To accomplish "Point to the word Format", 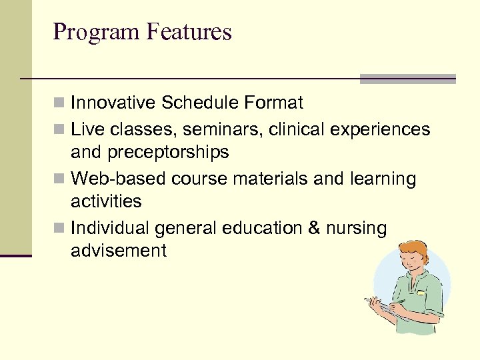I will [x=274, y=103].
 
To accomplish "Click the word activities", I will [x=106, y=201].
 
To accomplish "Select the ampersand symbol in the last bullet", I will [x=314, y=228].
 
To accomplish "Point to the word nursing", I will [x=357, y=228].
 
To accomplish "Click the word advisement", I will [x=119, y=251].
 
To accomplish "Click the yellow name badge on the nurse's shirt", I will [x=421, y=292].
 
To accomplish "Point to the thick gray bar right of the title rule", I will [x=407, y=79].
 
